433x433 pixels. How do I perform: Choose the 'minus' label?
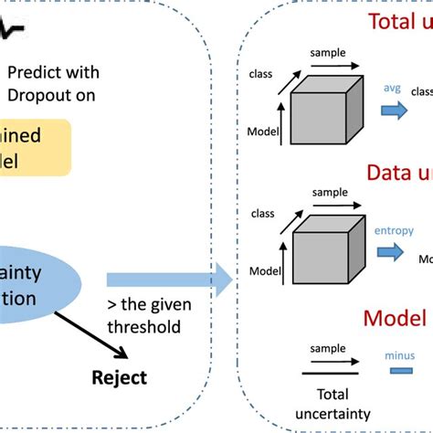pyautogui.click(x=397, y=350)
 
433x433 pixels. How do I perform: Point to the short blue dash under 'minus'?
pyautogui.click(x=398, y=370)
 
